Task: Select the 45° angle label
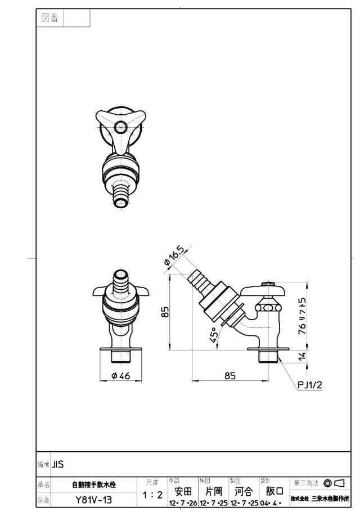pos(214,335)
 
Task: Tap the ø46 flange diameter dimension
pos(121,375)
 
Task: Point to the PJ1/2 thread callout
pos(309,384)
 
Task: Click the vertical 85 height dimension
pos(165,312)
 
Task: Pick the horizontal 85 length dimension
pos(230,375)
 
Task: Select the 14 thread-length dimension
pos(302,356)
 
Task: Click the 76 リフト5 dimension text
pos(302,316)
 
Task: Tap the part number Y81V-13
pos(94,500)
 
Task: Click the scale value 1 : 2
pos(152,495)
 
